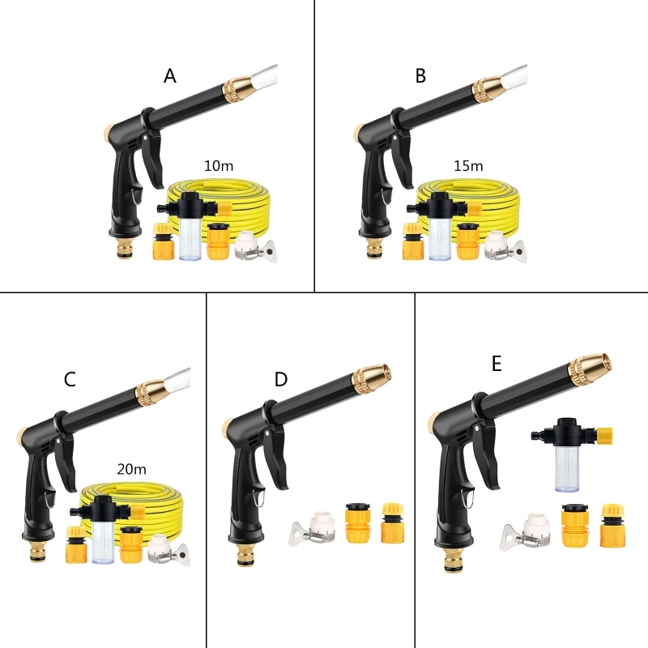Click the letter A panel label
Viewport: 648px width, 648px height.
(x=170, y=76)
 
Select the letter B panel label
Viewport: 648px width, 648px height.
(x=420, y=76)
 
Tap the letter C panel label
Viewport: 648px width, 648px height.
(x=70, y=379)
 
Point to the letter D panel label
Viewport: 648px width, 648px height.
(x=280, y=379)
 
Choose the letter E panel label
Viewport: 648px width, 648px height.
(x=497, y=364)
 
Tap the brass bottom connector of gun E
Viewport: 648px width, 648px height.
(x=451, y=561)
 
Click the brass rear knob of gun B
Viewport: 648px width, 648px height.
(x=357, y=130)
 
